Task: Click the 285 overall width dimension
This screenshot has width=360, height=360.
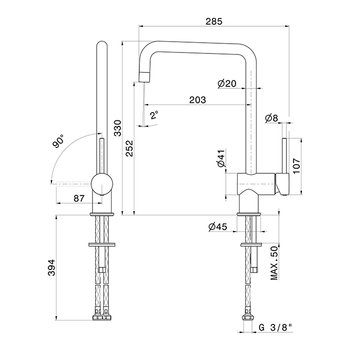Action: pyautogui.click(x=214, y=22)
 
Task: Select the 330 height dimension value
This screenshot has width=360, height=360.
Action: pyautogui.click(x=118, y=128)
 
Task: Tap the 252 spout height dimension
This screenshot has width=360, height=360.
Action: pyautogui.click(x=130, y=148)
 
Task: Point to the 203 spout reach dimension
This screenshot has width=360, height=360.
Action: pyautogui.click(x=197, y=100)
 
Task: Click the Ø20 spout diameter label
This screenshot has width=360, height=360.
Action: pyautogui.click(x=227, y=83)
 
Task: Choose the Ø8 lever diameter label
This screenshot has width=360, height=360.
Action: pyautogui.click(x=272, y=118)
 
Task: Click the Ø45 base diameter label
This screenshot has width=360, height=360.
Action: pyautogui.click(x=218, y=227)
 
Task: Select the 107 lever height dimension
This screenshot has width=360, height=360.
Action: pyautogui.click(x=296, y=166)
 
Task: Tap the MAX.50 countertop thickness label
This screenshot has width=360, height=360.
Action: pyautogui.click(x=274, y=263)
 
